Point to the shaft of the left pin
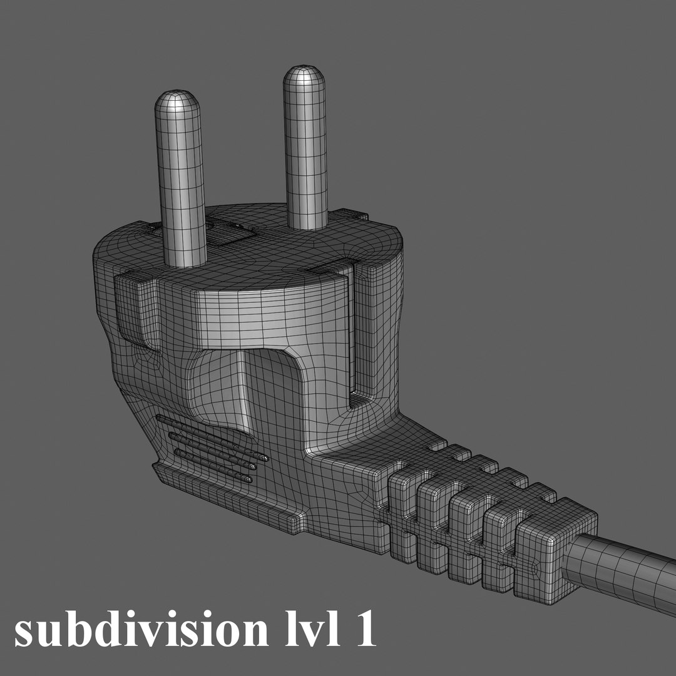pos(182,188)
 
